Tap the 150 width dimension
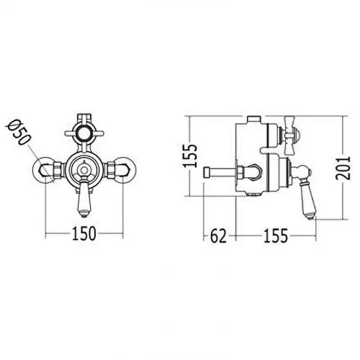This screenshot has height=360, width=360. click(x=84, y=233)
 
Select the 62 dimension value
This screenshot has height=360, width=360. click(x=218, y=236)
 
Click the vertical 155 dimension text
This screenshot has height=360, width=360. click(x=190, y=156)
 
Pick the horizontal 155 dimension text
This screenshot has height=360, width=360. click(x=276, y=236)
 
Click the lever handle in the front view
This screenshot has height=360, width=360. click(x=84, y=196)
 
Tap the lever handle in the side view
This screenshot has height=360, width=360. click(x=305, y=192)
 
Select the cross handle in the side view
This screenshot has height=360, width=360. click(x=289, y=135)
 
